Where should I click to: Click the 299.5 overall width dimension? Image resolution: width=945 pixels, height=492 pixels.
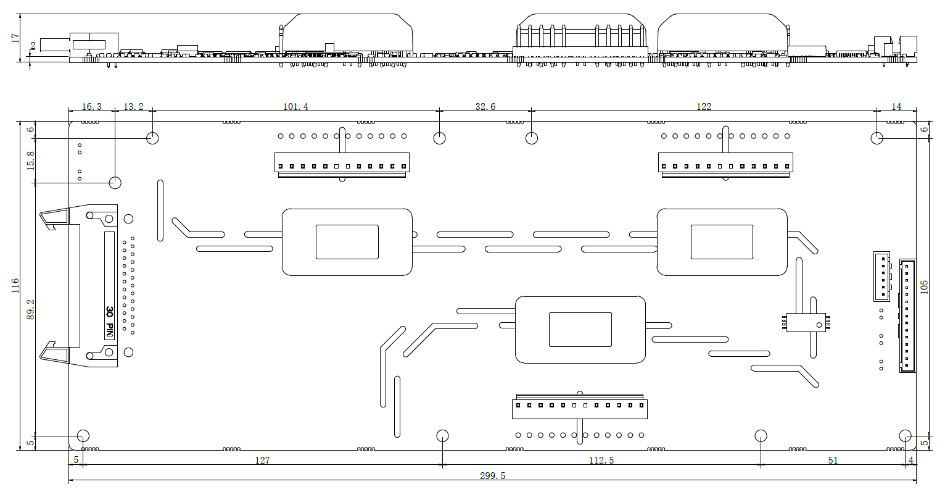[492, 476]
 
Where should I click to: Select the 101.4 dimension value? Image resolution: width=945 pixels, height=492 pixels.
[295, 107]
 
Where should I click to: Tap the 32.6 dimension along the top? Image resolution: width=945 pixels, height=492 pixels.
[485, 107]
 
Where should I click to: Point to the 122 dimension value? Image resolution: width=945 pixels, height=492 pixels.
[703, 107]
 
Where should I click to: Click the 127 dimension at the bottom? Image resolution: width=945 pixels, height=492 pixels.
[262, 461]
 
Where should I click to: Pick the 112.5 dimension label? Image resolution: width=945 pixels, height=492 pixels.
[601, 461]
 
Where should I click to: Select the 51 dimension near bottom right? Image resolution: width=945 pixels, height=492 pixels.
[833, 461]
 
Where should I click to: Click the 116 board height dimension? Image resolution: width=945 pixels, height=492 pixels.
[15, 285]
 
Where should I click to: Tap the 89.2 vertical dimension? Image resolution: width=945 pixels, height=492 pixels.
[30, 309]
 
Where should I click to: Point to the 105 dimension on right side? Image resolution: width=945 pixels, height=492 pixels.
[924, 287]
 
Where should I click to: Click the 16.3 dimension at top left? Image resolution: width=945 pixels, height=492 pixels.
[91, 107]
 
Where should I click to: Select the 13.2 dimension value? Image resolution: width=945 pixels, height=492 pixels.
[133, 107]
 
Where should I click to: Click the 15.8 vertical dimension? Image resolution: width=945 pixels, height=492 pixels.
[30, 160]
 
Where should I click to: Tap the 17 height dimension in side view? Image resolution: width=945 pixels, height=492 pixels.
[15, 38]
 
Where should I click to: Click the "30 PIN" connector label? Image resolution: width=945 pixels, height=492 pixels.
[109, 322]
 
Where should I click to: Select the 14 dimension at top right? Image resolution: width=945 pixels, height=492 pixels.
[896, 107]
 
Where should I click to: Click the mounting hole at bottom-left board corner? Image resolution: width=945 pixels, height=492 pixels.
[83, 435]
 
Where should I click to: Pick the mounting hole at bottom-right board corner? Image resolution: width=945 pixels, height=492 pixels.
[905, 435]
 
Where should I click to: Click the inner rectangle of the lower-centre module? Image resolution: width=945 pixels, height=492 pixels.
[580, 329]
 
